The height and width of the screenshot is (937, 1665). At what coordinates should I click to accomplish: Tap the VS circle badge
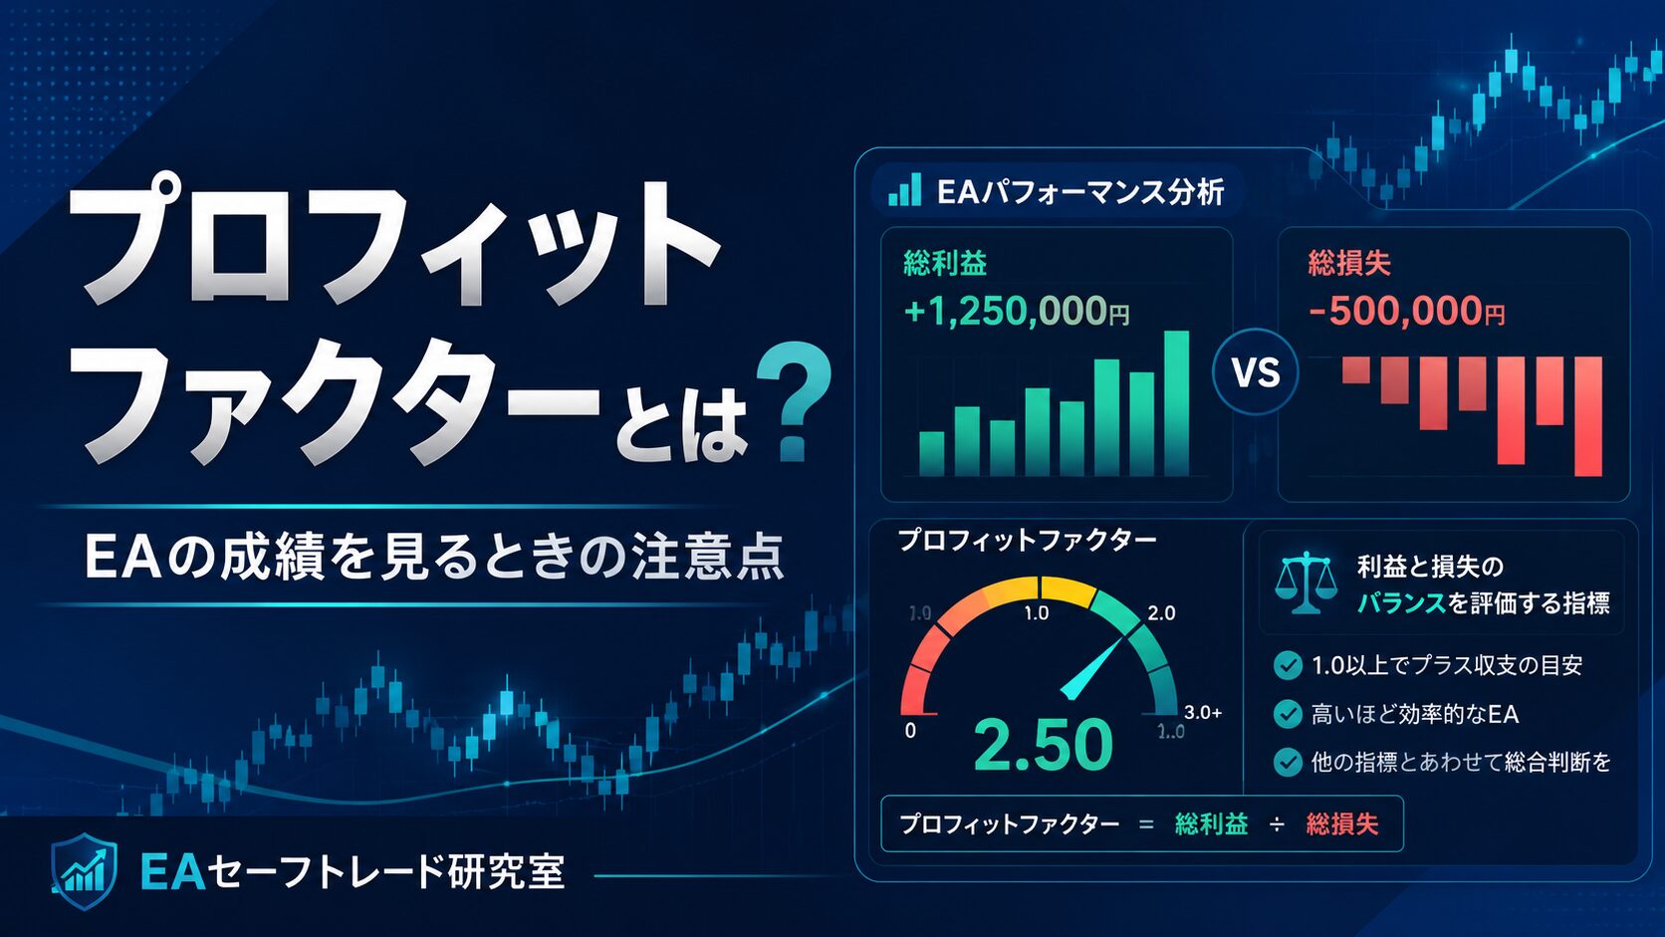[1256, 371]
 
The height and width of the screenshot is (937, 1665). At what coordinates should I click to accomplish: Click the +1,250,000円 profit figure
[1016, 311]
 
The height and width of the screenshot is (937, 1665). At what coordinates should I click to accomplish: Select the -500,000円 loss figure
[1406, 311]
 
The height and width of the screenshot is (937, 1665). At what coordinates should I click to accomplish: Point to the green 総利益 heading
[945, 263]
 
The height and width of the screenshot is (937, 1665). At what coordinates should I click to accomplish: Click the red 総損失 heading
[1349, 263]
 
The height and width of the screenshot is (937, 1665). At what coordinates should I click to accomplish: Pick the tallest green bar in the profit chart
[1176, 403]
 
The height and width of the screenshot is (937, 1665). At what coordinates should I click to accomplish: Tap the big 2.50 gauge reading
[1043, 744]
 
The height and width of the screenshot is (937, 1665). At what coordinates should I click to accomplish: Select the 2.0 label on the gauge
[1161, 613]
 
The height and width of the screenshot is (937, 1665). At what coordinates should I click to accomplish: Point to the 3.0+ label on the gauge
[1203, 713]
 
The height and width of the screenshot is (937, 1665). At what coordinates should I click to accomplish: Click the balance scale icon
[1306, 582]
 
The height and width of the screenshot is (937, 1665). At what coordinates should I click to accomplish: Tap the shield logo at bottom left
[84, 871]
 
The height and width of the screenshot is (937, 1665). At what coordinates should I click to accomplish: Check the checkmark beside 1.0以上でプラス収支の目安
[1288, 665]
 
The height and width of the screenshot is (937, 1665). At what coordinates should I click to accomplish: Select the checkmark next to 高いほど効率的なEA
[1288, 714]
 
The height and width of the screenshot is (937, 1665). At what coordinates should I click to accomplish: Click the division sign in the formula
[1277, 824]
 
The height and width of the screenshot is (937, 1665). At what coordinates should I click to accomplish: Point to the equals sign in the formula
[1146, 824]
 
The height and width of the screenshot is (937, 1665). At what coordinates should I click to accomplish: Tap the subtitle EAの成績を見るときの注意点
[434, 557]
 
